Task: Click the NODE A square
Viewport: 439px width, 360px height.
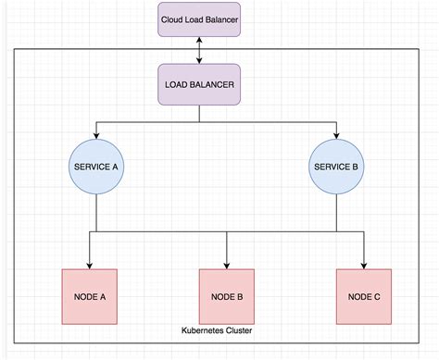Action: pos(90,296)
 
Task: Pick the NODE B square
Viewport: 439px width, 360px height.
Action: pos(227,296)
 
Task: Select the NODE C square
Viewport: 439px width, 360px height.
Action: pos(363,296)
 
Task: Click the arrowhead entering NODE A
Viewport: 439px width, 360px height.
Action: pos(90,265)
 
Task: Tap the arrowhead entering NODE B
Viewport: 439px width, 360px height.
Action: pos(227,265)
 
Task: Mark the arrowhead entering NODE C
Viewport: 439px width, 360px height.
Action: pos(363,265)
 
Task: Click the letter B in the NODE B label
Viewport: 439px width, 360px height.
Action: pos(239,296)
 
